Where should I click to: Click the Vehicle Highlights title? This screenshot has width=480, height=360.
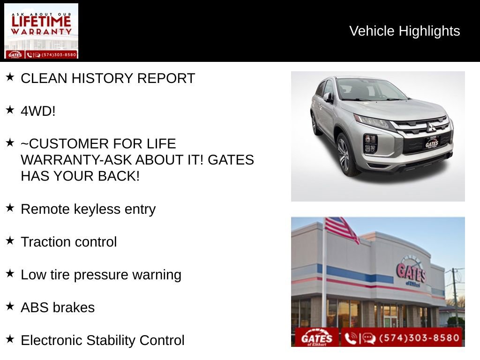pyautogui.click(x=405, y=31)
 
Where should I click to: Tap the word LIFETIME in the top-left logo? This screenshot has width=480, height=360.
pyautogui.click(x=41, y=21)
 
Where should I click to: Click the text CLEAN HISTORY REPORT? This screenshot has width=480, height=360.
pyautogui.click(x=108, y=78)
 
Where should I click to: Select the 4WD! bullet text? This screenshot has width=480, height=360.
pyautogui.click(x=38, y=111)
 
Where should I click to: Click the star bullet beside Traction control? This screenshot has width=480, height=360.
pyautogui.click(x=10, y=241)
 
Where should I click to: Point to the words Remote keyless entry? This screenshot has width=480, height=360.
pyautogui.click(x=88, y=209)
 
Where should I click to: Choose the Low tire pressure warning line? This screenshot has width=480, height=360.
pyautogui.click(x=101, y=275)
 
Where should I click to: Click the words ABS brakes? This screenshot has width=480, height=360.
pyautogui.click(x=58, y=307)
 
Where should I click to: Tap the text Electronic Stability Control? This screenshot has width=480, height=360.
pyautogui.click(x=103, y=340)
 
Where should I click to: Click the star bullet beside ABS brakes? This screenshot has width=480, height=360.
pyautogui.click(x=10, y=307)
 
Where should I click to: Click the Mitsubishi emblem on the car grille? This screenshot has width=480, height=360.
pyautogui.click(x=431, y=127)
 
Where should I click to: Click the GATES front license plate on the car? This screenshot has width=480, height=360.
pyautogui.click(x=432, y=143)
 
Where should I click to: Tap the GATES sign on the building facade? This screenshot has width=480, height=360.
pyautogui.click(x=411, y=272)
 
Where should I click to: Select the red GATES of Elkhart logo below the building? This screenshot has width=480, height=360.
pyautogui.click(x=317, y=338)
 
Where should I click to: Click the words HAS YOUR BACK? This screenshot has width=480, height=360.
pyautogui.click(x=80, y=176)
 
